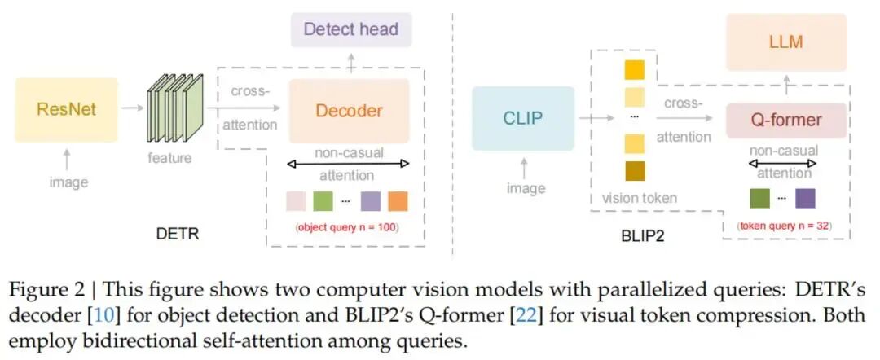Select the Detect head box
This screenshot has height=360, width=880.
[350, 29]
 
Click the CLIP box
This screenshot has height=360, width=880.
[521, 119]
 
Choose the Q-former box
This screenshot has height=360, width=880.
[785, 121]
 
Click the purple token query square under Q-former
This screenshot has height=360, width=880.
[805, 198]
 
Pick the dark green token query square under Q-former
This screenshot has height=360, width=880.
[759, 198]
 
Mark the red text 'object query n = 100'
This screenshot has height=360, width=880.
[346, 227]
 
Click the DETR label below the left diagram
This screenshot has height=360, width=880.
[178, 235]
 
